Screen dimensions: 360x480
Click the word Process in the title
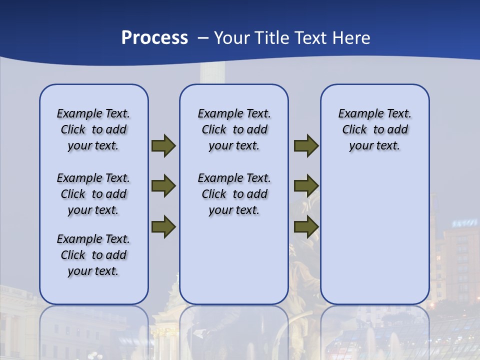[x=154, y=38]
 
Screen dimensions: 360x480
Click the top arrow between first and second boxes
[x=163, y=146]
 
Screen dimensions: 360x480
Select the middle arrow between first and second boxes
[x=163, y=186]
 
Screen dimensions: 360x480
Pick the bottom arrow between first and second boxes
[x=163, y=226]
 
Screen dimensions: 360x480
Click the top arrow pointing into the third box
[x=306, y=146]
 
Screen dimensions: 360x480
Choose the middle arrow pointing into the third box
[x=306, y=186]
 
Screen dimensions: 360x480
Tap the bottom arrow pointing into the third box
[x=306, y=226]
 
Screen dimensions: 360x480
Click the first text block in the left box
[x=93, y=129]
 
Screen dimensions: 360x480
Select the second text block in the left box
[x=93, y=194]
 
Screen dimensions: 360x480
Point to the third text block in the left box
[x=93, y=255]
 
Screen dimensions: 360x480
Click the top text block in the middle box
[x=234, y=129]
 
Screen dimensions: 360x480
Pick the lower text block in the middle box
[x=234, y=194]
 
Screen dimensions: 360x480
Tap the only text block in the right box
[x=374, y=129]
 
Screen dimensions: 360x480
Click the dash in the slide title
[x=202, y=38]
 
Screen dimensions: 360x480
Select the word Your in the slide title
[x=232, y=38]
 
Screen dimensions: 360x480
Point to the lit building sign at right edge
[x=464, y=223]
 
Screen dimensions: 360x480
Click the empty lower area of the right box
[x=374, y=240]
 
